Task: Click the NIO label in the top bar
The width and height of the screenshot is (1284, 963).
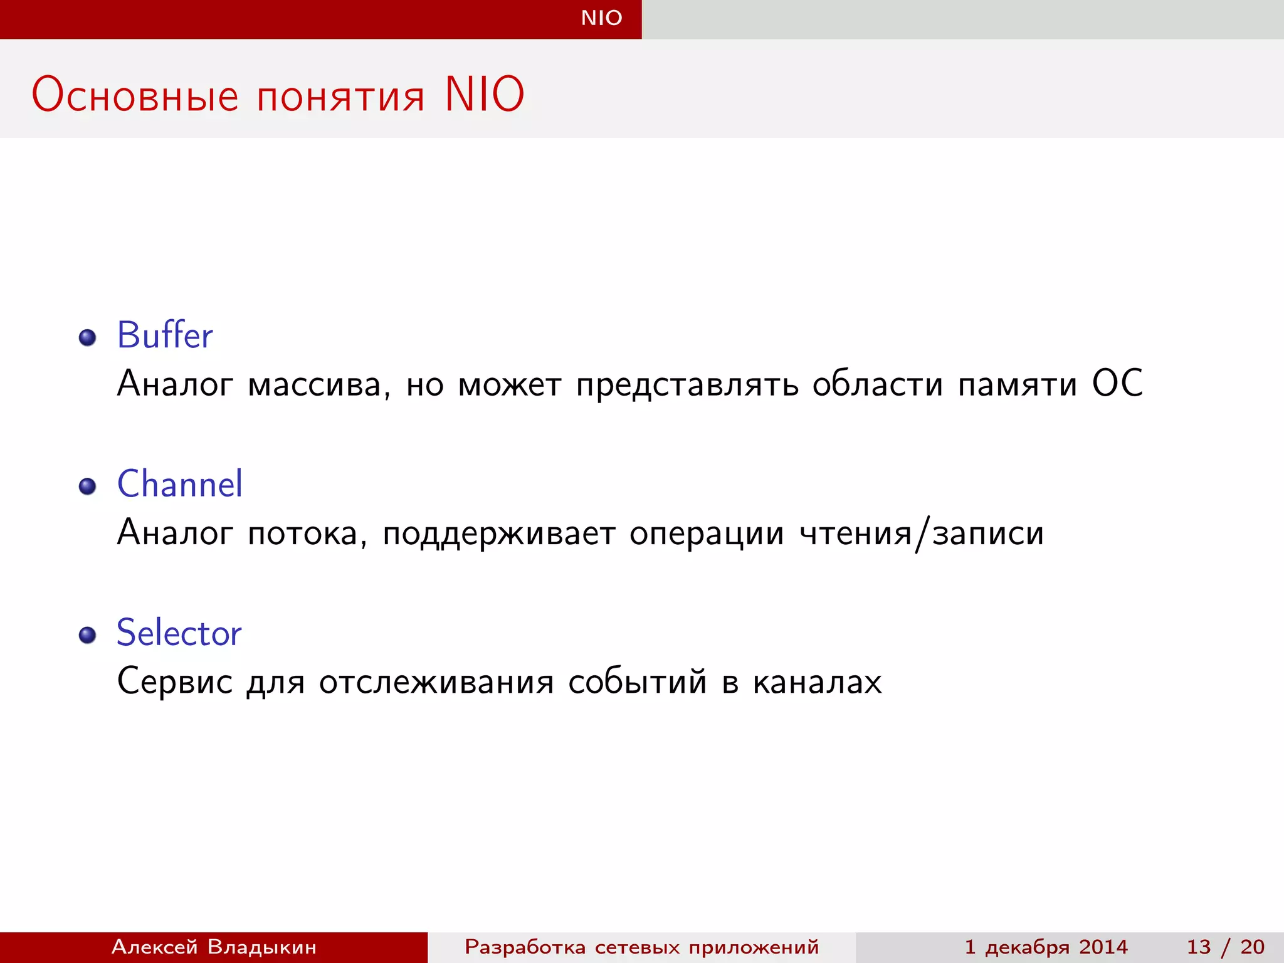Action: [601, 18]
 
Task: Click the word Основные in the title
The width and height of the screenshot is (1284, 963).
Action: [135, 95]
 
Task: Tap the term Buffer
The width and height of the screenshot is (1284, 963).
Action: [165, 335]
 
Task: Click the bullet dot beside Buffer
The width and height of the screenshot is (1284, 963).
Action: [88, 338]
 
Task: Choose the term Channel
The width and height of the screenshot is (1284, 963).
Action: [179, 484]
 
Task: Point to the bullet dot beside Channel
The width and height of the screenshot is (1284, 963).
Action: [88, 487]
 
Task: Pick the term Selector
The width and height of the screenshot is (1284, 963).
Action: [179, 633]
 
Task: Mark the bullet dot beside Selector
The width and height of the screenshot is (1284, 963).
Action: [88, 635]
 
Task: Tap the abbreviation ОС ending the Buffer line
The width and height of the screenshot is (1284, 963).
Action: [1117, 383]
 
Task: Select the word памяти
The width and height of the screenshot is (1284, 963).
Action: [1017, 384]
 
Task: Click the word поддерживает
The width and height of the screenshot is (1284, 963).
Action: [498, 534]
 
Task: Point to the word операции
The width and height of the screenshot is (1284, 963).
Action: [707, 534]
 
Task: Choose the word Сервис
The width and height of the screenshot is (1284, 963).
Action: [174, 681]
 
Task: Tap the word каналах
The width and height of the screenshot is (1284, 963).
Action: [817, 682]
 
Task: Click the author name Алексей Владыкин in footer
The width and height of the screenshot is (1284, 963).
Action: [214, 947]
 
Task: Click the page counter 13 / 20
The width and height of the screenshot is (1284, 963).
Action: [1225, 947]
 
